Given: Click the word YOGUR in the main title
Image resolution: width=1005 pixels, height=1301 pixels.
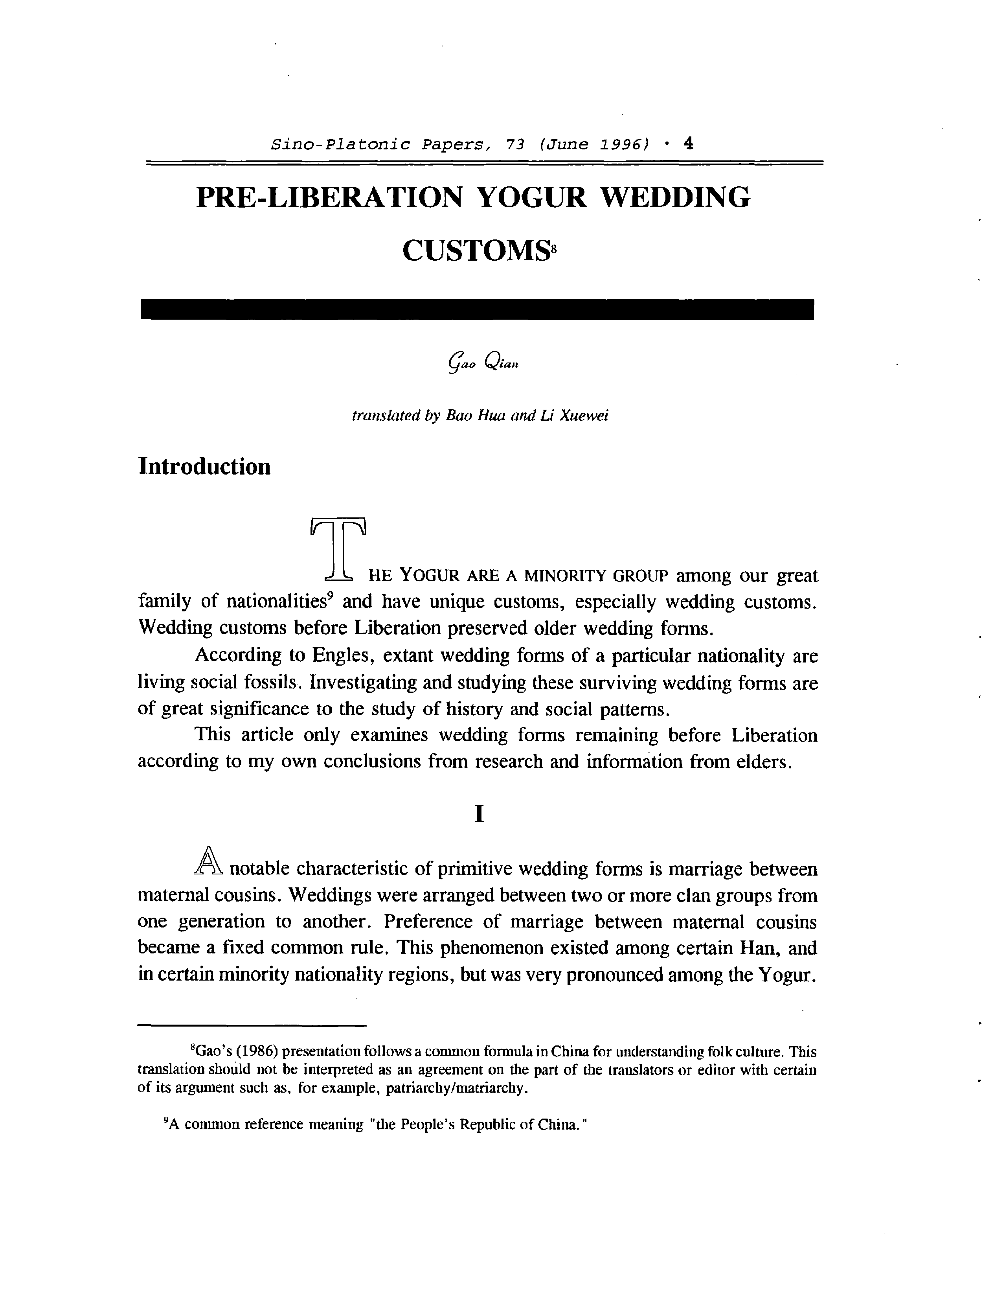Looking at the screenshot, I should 532,197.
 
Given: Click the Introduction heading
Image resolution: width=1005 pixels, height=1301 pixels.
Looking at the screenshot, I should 204,466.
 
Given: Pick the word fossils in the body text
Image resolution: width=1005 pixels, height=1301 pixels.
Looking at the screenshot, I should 270,682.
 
